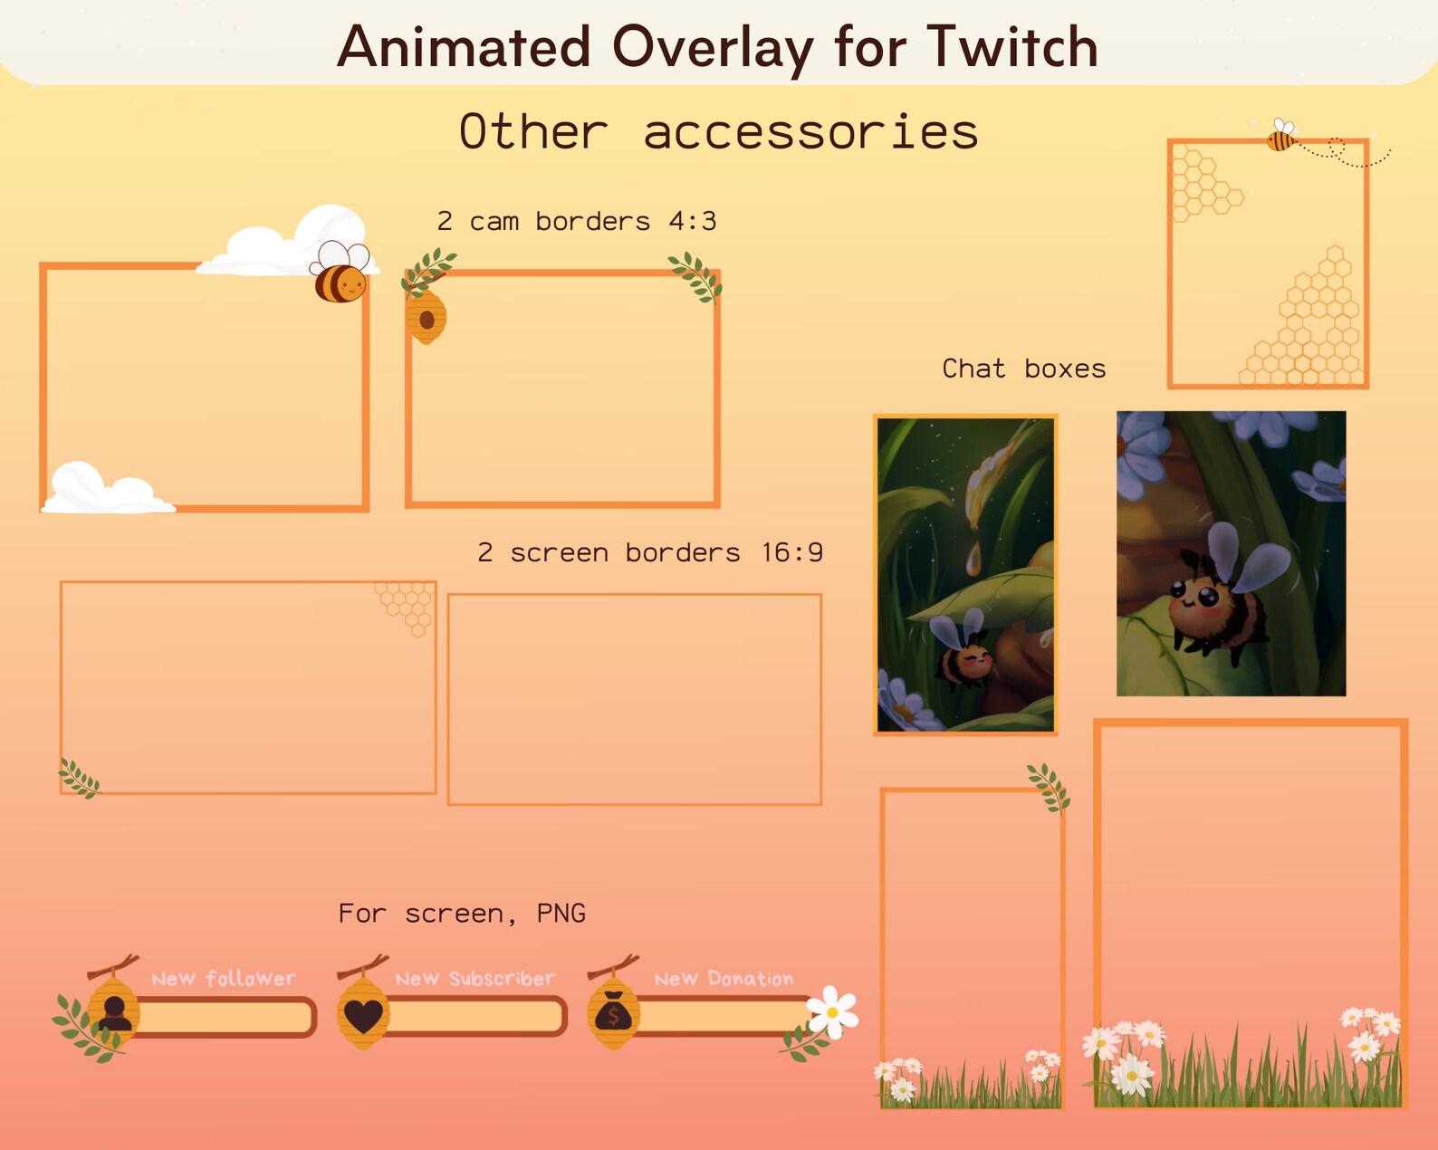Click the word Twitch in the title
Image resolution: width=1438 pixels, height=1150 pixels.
coord(1011,47)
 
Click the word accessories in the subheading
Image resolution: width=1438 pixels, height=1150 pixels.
coord(810,133)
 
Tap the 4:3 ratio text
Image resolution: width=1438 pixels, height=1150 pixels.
coord(692,221)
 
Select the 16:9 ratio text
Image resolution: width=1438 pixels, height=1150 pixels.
coord(791,552)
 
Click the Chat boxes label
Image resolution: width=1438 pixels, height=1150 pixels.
coord(1023,369)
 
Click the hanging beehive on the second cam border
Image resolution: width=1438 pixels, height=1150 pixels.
coord(426,317)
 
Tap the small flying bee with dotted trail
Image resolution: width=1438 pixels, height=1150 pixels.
coord(1281,137)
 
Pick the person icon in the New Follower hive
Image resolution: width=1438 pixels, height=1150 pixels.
coord(114,1012)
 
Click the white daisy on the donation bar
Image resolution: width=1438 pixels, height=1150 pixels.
coord(832,1011)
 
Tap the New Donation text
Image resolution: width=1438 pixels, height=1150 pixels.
coord(724,979)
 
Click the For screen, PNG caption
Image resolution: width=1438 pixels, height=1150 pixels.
coord(462,913)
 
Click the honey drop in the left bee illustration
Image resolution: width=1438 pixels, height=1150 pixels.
coord(973,558)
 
